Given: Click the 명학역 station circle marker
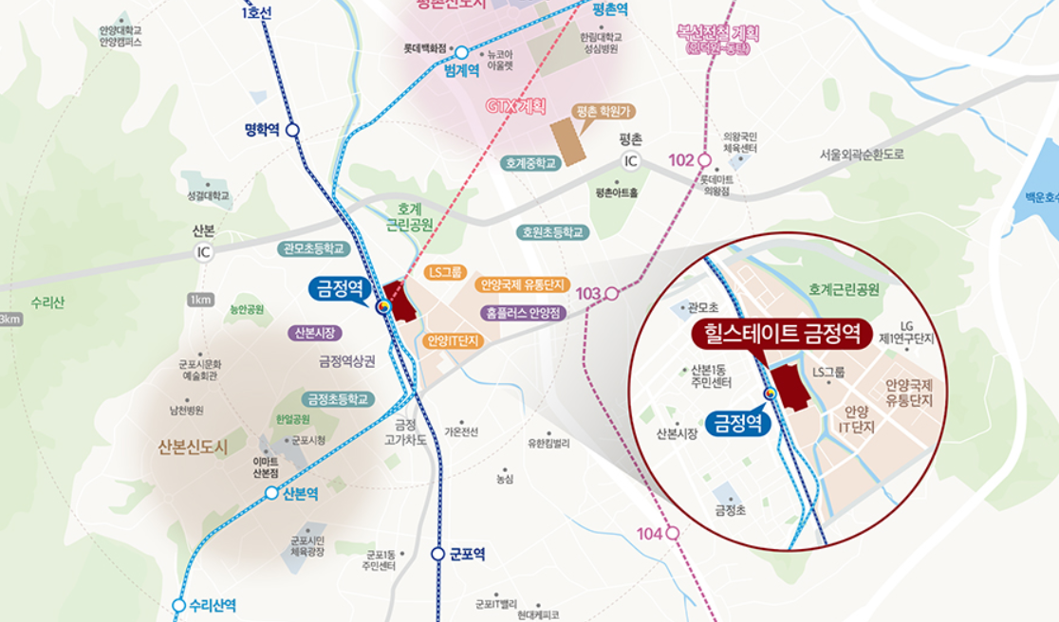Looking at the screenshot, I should pyautogui.click(x=292, y=130).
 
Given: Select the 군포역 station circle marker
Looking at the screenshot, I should pyautogui.click(x=437, y=554).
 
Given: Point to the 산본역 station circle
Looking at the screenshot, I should pyautogui.click(x=272, y=493).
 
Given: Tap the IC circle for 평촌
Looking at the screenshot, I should pyautogui.click(x=631, y=161).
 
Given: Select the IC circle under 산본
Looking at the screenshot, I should pyautogui.click(x=203, y=252).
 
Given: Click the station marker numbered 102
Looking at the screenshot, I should pyautogui.click(x=704, y=160).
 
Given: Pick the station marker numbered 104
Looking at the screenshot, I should pyautogui.click(x=672, y=534).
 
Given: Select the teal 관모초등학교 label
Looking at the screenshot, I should pyautogui.click(x=314, y=248).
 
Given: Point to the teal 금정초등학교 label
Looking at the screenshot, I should pyautogui.click(x=337, y=398).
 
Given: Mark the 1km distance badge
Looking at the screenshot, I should pyautogui.click(x=200, y=300).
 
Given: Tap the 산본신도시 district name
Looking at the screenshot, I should pyautogui.click(x=194, y=448).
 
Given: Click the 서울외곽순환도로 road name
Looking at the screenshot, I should pyautogui.click(x=863, y=154).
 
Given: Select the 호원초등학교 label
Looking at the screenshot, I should pyautogui.click(x=553, y=231).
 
